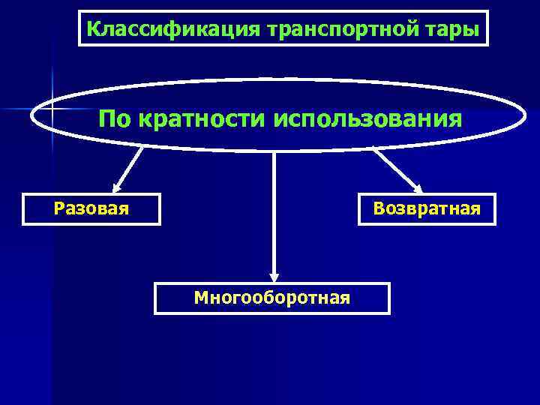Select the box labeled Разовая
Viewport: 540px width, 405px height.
point(91,208)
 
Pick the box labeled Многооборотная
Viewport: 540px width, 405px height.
point(272,298)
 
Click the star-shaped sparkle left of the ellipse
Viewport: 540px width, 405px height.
point(52,109)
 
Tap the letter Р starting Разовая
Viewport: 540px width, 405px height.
point(59,208)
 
